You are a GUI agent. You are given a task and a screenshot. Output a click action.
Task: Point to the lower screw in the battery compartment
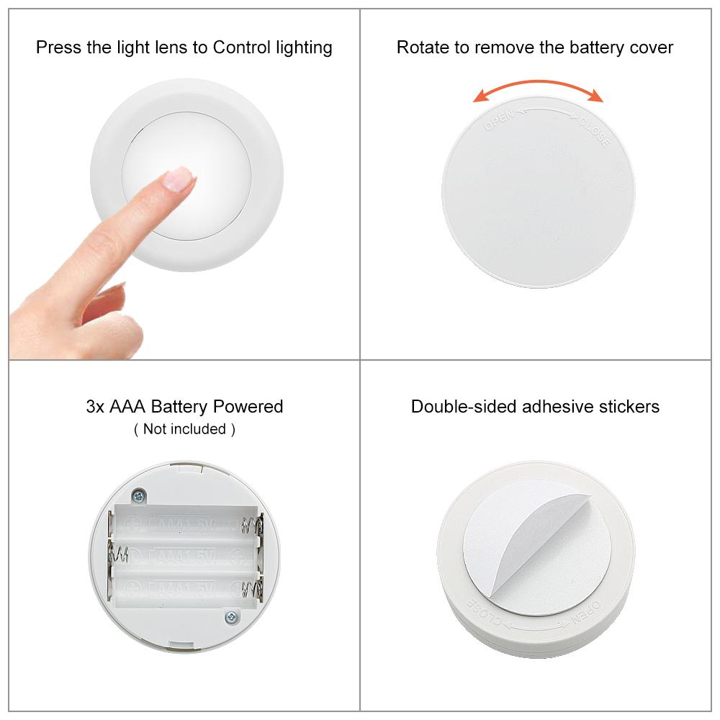point(230,616)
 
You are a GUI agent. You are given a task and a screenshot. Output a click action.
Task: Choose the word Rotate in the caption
point(420,48)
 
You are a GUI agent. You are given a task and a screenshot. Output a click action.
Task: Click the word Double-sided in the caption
point(456,406)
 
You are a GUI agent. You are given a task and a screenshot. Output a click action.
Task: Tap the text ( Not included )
point(184,429)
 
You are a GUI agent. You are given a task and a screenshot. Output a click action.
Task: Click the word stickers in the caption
point(631,406)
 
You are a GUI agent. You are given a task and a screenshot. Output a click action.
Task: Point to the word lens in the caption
point(190,48)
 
